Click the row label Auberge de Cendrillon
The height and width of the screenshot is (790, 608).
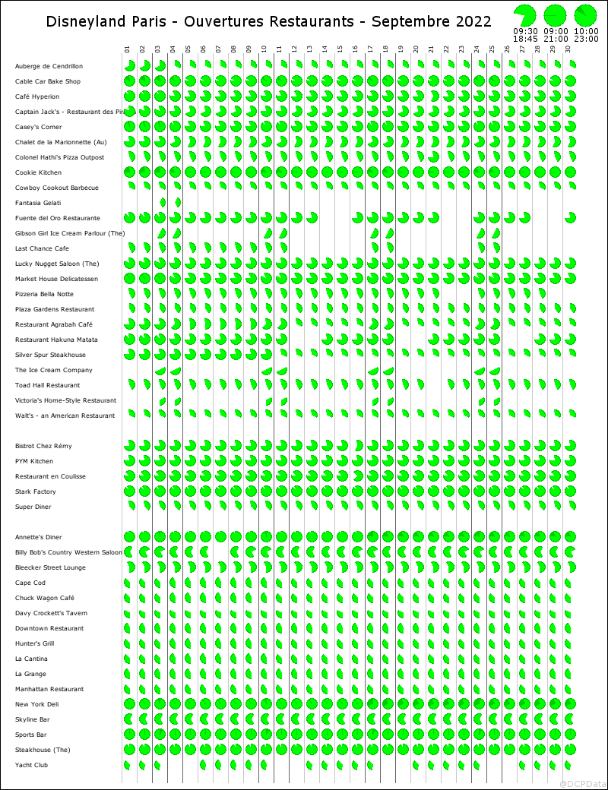point(49,67)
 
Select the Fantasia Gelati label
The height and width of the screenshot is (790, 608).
point(38,204)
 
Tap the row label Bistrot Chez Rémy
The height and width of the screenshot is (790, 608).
point(43,447)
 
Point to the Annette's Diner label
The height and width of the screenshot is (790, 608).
point(38,538)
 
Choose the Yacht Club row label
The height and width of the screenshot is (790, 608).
point(31,766)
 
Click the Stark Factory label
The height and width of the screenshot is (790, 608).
point(36,492)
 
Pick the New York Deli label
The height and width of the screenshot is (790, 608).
point(36,705)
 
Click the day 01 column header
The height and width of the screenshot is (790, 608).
point(127,50)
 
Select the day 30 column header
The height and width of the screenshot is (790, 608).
point(568,50)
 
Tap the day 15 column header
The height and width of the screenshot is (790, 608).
point(340,50)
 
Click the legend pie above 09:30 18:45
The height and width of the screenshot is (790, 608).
point(525,14)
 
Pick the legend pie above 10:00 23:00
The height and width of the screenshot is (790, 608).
point(586,14)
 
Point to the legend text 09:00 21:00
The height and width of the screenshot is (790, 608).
point(556,35)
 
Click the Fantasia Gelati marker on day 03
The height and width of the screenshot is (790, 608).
point(162,203)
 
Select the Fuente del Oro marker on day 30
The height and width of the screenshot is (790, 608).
point(570,218)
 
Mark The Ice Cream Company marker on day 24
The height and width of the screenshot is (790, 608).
point(479,371)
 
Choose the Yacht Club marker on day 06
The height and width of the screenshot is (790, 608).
point(204,765)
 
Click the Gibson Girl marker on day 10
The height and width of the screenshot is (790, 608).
point(268,233)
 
